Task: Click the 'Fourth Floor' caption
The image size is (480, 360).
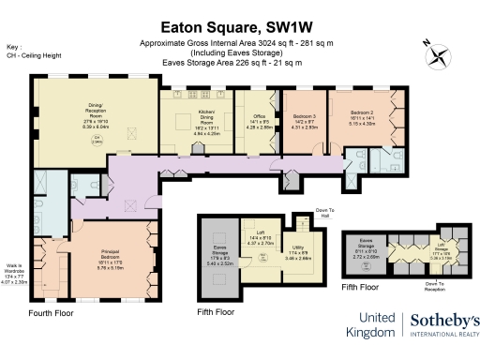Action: [51, 311]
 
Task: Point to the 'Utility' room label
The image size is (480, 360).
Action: [298, 248]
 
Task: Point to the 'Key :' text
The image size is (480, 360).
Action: [13, 45]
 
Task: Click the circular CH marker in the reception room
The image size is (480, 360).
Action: [95, 140]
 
